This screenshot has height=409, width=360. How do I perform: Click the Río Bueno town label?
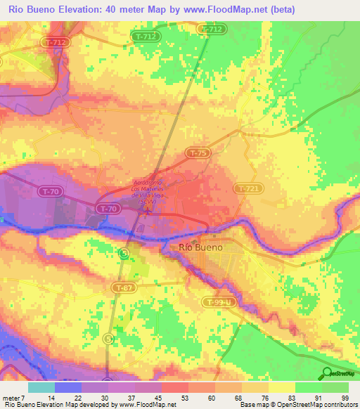[201, 247]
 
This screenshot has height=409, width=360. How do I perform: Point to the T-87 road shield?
[124, 287]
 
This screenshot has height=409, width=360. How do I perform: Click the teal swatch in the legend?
[41, 387]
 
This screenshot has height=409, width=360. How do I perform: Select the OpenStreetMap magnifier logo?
[327, 372]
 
